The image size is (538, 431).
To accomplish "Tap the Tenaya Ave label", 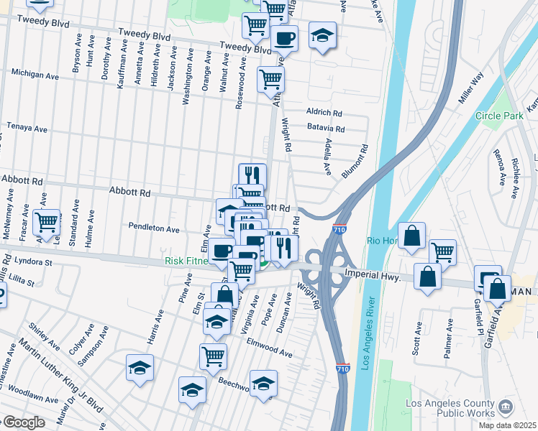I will [27, 128].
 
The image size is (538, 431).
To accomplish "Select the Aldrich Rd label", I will [324, 113].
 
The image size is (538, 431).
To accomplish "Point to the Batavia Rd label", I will [326, 129].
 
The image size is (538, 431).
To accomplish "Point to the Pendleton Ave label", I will [153, 228].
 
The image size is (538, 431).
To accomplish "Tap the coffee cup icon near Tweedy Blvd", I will [284, 39].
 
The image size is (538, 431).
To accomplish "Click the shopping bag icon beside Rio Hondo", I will [411, 235].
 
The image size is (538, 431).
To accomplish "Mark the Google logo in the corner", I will [23, 422].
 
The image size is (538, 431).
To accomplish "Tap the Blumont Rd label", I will [355, 162].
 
